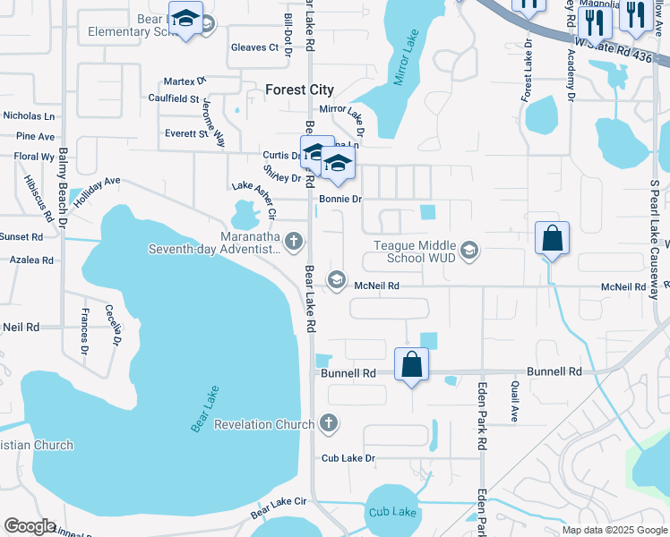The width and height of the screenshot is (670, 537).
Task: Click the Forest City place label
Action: point(300,89)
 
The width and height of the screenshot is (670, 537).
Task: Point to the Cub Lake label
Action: point(392,512)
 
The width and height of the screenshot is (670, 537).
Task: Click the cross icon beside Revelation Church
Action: point(329,422)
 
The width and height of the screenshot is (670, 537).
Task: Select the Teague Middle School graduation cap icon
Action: point(470,251)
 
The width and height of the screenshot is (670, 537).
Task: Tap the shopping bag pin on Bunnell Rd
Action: point(411,365)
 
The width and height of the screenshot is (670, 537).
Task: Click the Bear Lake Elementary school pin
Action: point(185,19)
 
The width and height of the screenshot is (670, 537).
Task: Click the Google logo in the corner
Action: point(30,526)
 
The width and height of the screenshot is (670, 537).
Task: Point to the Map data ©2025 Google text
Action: point(614,530)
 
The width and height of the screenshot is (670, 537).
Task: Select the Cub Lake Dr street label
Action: point(348,458)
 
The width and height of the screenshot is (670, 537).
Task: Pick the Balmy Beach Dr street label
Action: point(63,189)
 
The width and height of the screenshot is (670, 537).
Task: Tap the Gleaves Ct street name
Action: point(254,47)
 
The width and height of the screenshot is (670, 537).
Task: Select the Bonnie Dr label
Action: point(339,199)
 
